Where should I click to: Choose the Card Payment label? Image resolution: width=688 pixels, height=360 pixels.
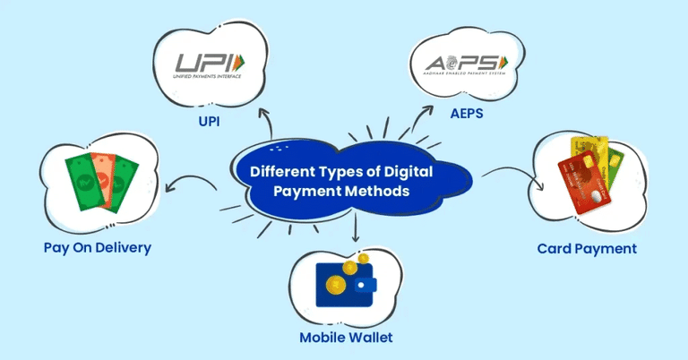click(587, 248)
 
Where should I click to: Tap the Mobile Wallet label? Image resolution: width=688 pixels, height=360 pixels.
click(347, 338)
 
